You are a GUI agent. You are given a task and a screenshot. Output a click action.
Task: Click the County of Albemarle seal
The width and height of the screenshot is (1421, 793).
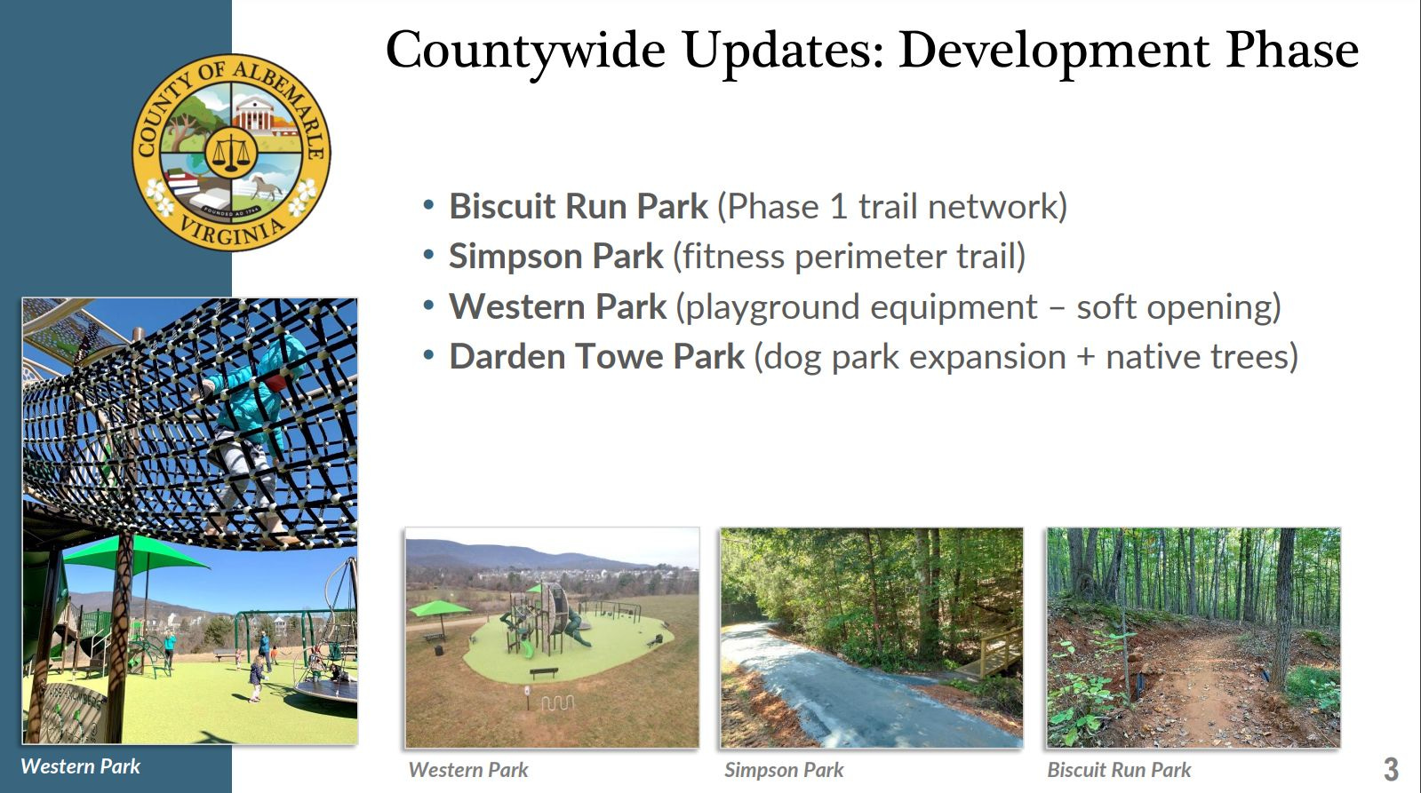[232, 153]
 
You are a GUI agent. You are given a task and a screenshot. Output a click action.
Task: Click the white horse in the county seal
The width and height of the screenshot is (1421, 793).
[267, 186]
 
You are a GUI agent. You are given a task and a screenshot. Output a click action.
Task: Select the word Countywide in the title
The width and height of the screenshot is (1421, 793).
[526, 51]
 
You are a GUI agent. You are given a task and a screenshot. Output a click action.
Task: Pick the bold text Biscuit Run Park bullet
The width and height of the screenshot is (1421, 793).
[579, 206]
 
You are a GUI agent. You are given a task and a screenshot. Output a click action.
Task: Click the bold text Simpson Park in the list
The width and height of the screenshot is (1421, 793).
[556, 256]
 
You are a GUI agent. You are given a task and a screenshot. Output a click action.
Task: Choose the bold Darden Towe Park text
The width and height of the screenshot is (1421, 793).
[597, 356]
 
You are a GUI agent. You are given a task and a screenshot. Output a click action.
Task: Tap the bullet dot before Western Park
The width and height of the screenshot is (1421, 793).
[429, 306]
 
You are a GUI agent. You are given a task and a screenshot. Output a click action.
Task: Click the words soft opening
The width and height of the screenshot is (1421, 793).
[1178, 306]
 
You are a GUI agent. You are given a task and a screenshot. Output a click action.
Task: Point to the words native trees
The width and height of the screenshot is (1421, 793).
[1201, 356]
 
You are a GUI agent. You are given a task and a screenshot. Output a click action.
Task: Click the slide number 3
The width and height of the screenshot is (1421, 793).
[1391, 770]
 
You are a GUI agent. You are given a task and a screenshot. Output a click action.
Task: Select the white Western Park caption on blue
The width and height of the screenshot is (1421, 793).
[81, 766]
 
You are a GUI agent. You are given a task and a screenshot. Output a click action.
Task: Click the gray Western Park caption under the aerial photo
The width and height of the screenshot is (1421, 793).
[468, 770]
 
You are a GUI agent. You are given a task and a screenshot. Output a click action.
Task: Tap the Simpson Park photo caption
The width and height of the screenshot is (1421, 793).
[784, 770]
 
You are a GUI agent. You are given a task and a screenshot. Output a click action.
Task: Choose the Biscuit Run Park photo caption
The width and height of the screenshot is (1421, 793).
[1119, 770]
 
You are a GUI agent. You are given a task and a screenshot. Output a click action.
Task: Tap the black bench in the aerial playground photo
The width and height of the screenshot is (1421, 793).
[544, 672]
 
